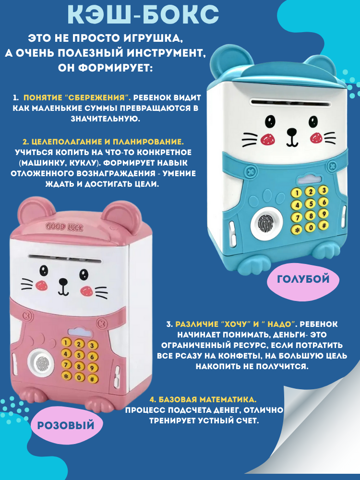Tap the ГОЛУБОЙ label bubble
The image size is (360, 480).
click(x=303, y=278)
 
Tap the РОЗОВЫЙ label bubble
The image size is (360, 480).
click(x=65, y=425)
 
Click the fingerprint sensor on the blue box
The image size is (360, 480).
click(x=265, y=223)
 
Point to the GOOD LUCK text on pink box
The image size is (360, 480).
click(x=64, y=227)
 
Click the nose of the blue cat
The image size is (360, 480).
click(x=291, y=130)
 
